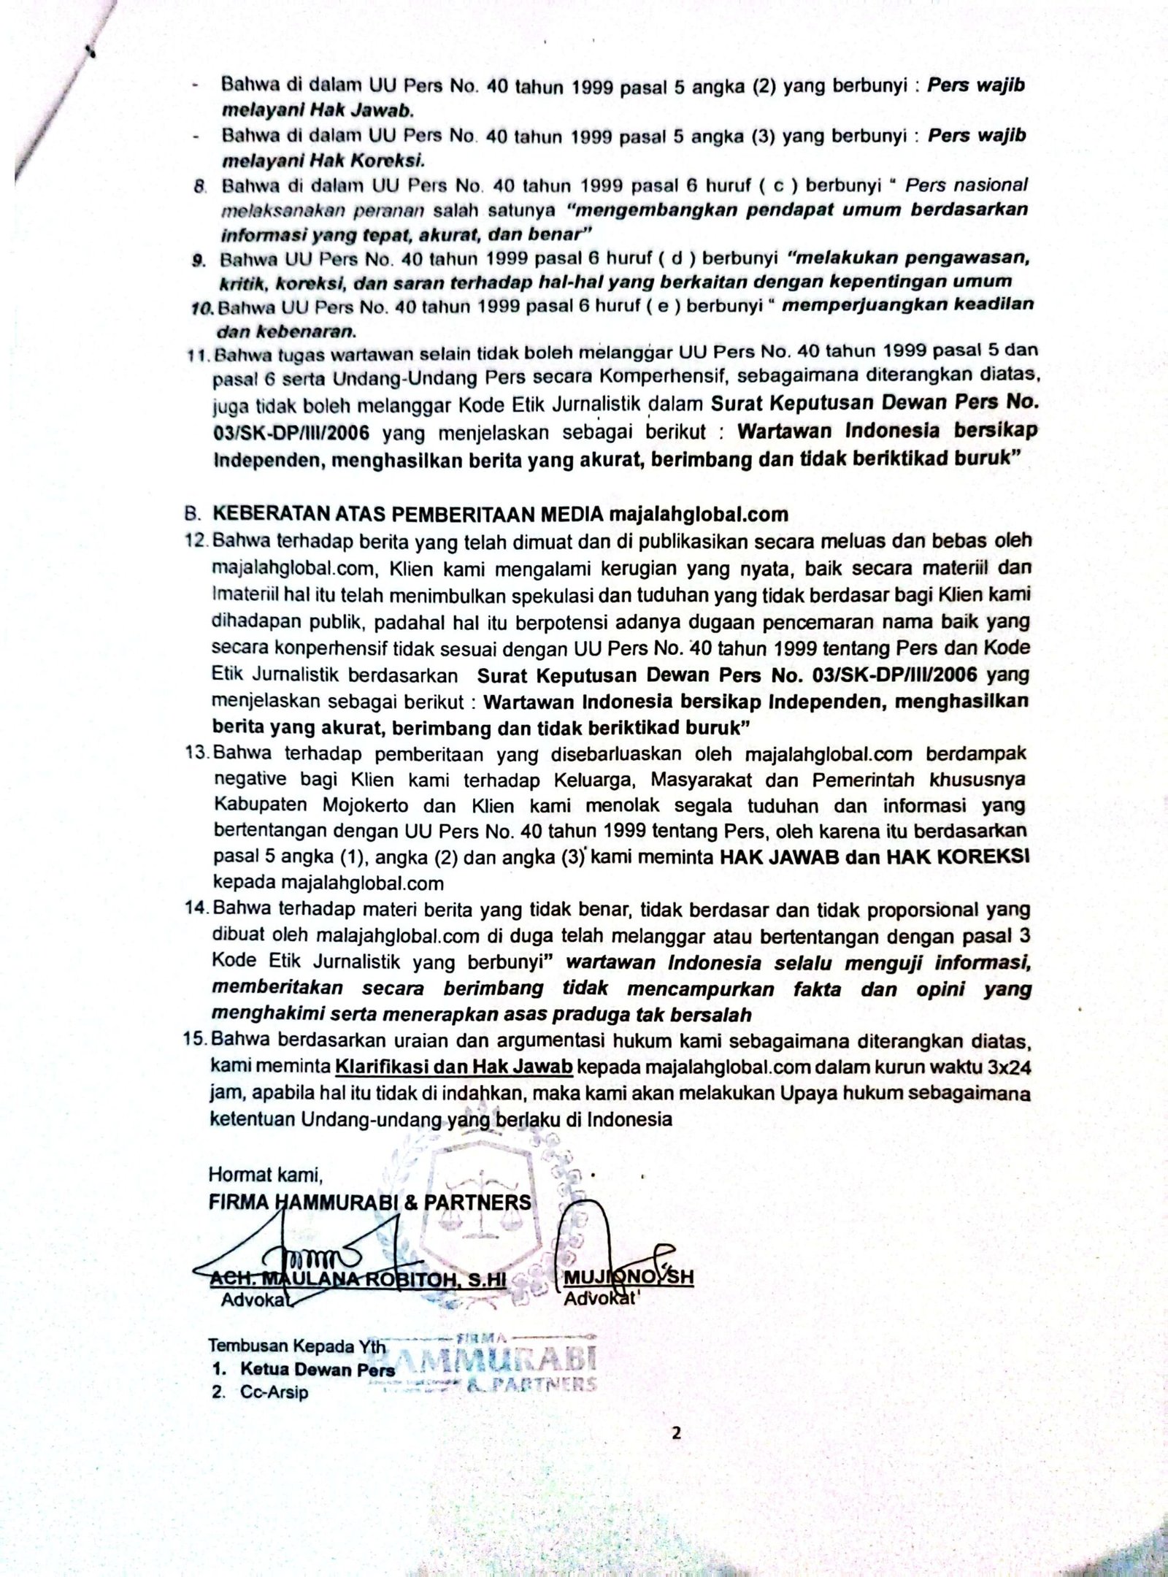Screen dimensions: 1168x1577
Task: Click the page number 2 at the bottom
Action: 676,1432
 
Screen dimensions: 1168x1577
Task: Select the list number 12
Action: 198,541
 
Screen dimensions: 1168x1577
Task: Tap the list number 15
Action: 198,1040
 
